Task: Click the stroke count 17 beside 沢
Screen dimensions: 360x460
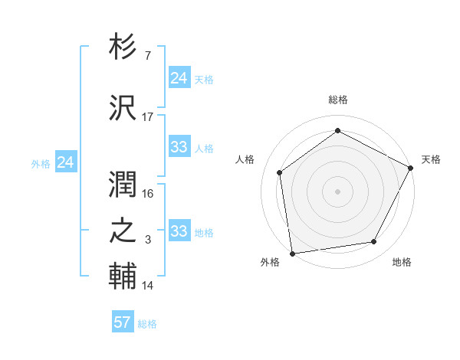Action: [x=148, y=117]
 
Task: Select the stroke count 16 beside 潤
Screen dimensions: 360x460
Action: [x=148, y=194]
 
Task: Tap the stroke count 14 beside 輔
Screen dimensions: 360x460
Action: [x=148, y=286]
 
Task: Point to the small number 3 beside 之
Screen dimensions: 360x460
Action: [x=148, y=241]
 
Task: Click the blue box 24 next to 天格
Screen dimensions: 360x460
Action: [x=179, y=78]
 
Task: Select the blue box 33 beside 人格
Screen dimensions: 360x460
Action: [x=179, y=147]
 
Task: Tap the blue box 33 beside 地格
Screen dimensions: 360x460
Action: [x=179, y=231]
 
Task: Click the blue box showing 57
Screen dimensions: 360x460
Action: [x=123, y=322]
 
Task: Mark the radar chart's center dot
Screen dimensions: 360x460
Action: [x=337, y=191]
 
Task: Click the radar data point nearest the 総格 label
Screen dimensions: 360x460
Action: [x=337, y=130]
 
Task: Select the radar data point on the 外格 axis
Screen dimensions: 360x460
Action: [x=292, y=253]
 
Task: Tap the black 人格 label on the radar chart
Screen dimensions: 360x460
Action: [x=245, y=159]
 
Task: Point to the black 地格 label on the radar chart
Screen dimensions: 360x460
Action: [x=402, y=262]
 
